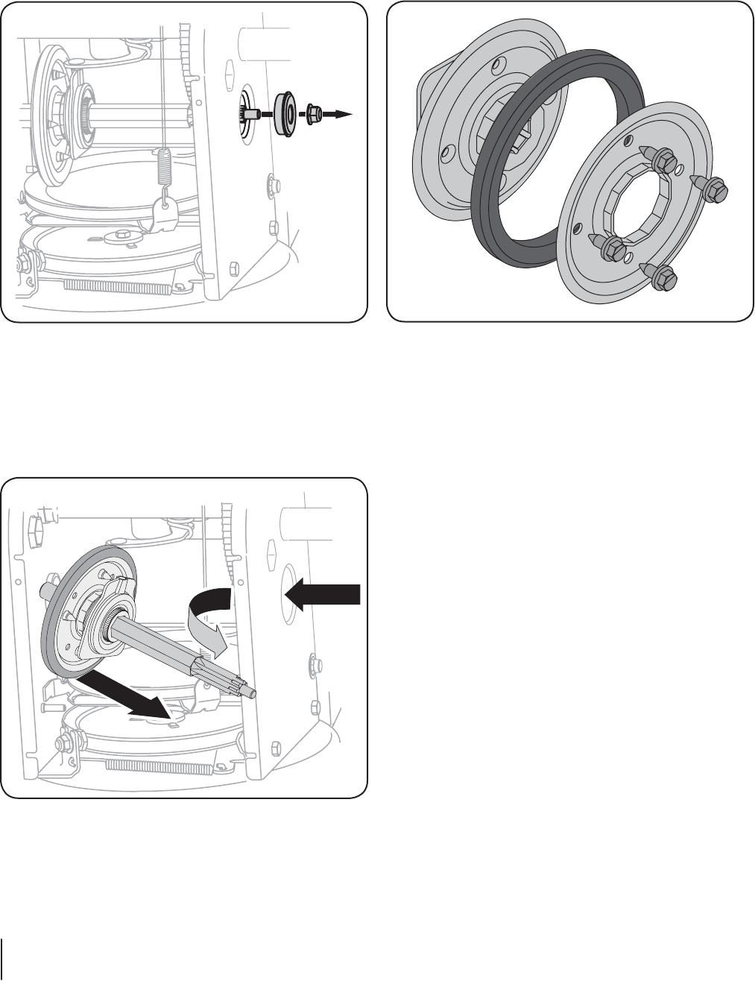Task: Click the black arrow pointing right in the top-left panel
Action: pyautogui.click(x=339, y=114)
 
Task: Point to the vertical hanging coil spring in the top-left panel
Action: pyautogui.click(x=162, y=167)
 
